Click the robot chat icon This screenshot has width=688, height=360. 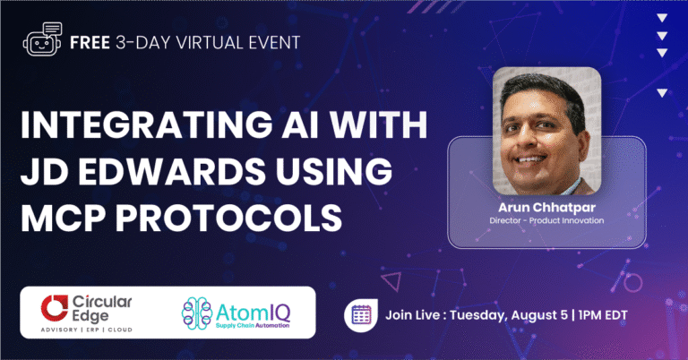pos(39,41)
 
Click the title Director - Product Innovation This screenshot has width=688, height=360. pos(546,220)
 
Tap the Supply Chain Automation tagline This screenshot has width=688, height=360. pos(255,326)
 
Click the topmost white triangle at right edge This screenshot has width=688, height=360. pos(662,17)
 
